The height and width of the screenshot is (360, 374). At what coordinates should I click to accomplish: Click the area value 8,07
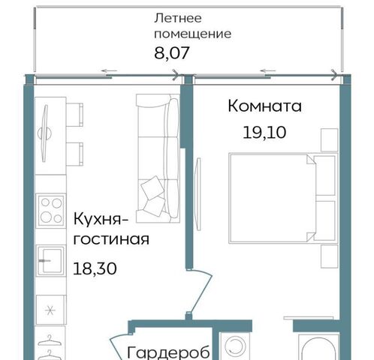click(x=171, y=53)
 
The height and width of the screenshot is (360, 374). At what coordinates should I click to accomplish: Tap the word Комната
click(x=264, y=106)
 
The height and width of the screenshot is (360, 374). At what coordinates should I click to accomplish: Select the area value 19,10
click(x=264, y=132)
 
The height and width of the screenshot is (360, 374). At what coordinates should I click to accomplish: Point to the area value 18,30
click(x=95, y=268)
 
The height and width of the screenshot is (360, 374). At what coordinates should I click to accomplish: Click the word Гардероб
click(x=168, y=352)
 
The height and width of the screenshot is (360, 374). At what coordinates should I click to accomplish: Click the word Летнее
click(x=178, y=18)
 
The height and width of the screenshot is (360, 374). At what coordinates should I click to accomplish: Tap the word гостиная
click(x=111, y=239)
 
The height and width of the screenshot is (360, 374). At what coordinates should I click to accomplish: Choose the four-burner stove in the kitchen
click(x=51, y=211)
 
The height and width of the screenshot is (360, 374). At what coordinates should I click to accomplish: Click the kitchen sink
click(x=51, y=260)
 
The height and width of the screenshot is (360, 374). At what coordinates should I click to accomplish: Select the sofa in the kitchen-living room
click(x=158, y=158)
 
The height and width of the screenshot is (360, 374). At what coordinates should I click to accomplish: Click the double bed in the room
click(x=283, y=198)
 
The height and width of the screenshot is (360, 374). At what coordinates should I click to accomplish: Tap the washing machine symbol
click(x=235, y=346)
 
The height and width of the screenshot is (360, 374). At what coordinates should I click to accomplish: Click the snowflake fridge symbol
click(x=51, y=310)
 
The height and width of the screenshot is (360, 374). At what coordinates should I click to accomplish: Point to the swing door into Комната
click(x=201, y=290)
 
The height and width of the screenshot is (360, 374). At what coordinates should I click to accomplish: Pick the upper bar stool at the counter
click(x=74, y=115)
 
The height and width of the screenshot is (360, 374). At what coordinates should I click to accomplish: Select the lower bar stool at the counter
click(x=74, y=154)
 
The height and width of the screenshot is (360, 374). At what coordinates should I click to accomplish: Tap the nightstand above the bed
click(x=330, y=140)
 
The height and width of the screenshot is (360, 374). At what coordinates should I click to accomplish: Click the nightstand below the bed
click(x=330, y=256)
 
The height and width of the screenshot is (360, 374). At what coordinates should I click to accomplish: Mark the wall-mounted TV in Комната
click(x=198, y=194)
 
